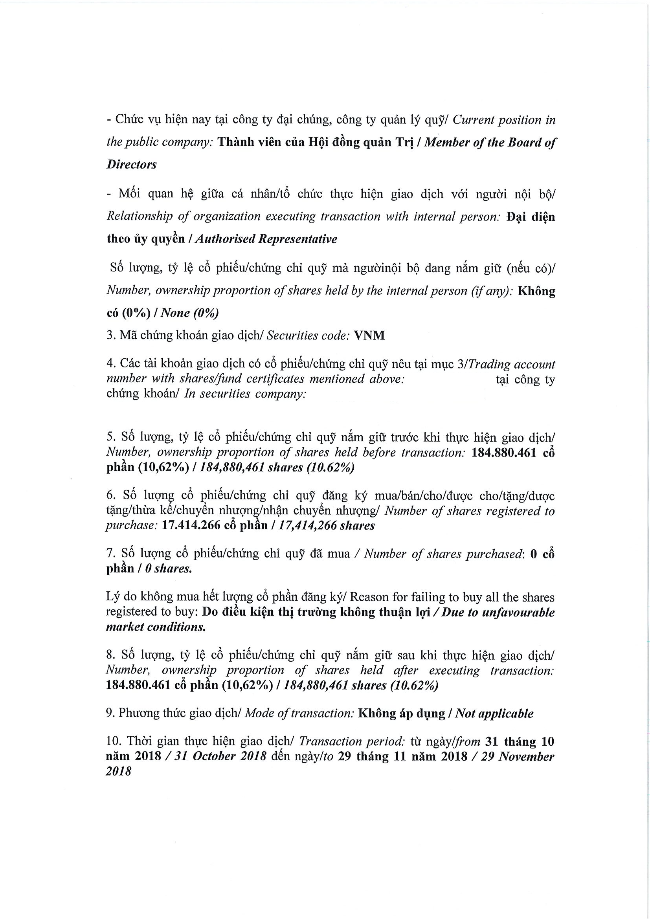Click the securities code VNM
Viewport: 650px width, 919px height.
pos(369,336)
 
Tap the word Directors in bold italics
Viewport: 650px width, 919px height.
pos(131,165)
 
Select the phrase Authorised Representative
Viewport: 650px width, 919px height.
pos(266,239)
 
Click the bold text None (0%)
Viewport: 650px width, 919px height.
pos(189,313)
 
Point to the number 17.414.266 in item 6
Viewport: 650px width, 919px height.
pos(191,526)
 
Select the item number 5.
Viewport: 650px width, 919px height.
pos(110,437)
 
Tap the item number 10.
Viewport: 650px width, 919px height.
pos(113,741)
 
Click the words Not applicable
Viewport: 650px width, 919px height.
pos(494,713)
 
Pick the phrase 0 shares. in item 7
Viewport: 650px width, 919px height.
pos(168,569)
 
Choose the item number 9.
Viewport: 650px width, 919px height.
pos(110,713)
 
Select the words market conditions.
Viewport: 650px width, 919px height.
pos(156,627)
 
